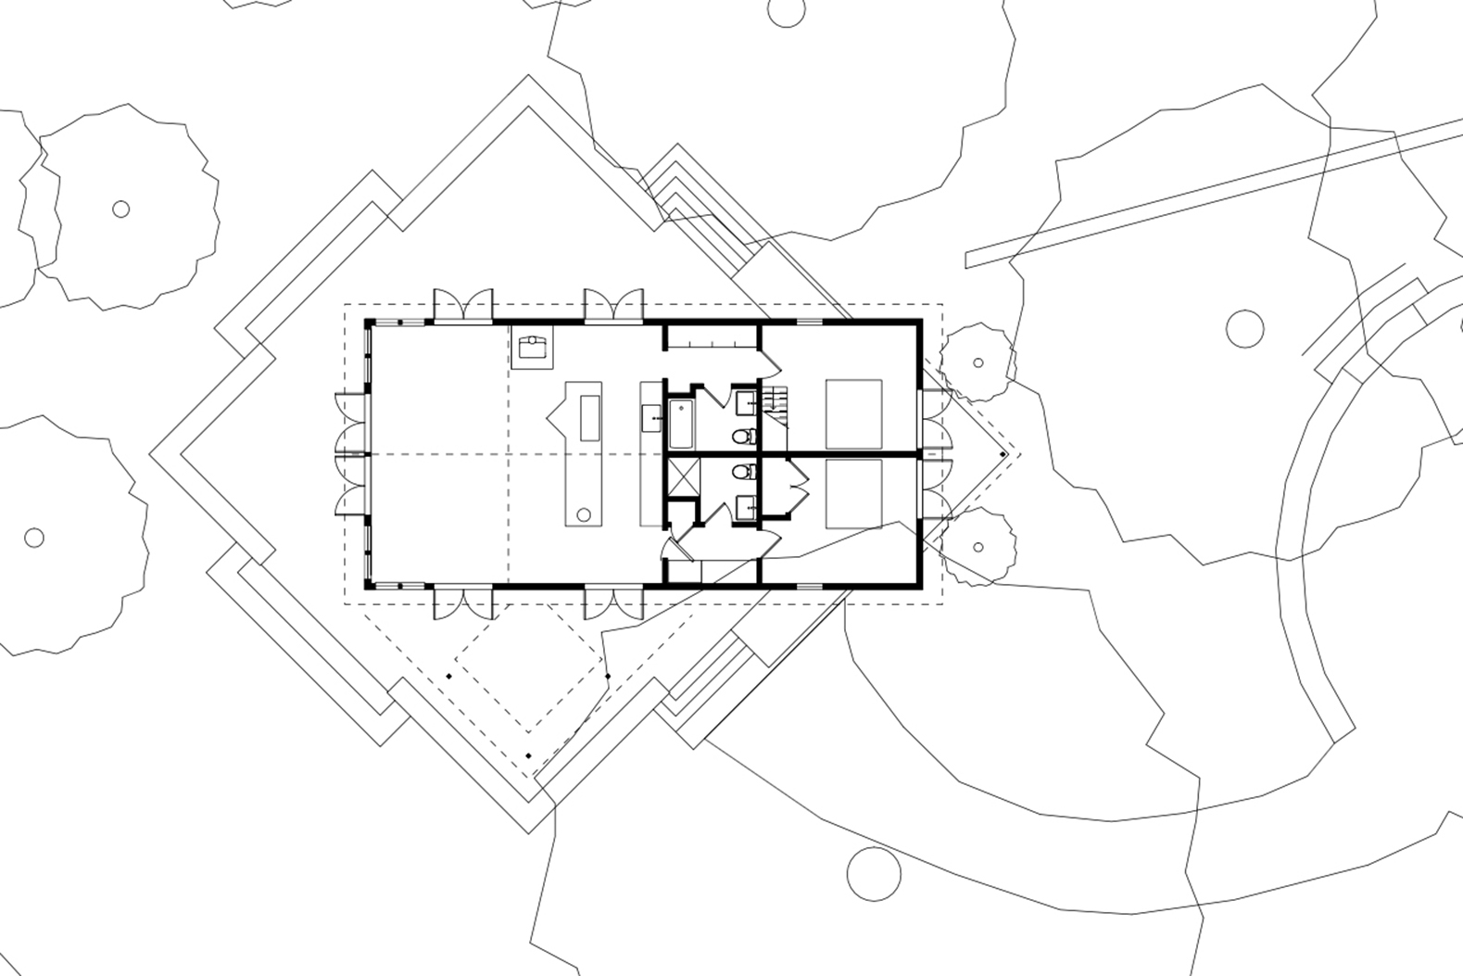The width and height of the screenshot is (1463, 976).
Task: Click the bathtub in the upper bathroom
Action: click(681, 423)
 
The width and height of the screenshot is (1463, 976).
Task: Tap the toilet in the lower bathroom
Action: click(743, 473)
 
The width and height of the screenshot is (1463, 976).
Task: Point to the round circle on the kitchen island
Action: click(584, 514)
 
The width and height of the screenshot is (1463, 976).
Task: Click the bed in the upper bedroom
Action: click(853, 413)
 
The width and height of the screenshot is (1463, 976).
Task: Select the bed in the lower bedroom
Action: click(853, 494)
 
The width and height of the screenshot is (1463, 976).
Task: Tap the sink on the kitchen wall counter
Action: click(651, 413)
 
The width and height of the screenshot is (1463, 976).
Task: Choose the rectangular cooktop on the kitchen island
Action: click(589, 418)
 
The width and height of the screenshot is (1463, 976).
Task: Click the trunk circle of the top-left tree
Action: click(120, 209)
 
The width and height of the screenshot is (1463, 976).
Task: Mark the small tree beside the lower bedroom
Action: click(977, 547)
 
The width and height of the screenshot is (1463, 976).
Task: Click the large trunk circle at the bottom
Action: click(874, 874)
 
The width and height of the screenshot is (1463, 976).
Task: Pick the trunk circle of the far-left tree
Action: click(34, 538)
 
